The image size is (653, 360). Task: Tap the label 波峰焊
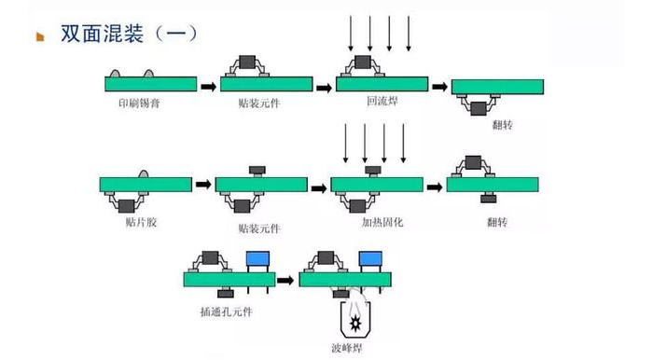pyautogui.click(x=356, y=350)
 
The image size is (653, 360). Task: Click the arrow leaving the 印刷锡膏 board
pyautogui.click(x=209, y=87)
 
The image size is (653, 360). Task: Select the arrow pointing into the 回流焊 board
pyautogui.click(x=324, y=88)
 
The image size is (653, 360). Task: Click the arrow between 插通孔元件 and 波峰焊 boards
pyautogui.click(x=287, y=279)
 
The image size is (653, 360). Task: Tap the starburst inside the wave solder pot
pyautogui.click(x=355, y=323)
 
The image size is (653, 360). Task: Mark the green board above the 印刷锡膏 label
pyautogui.click(x=150, y=84)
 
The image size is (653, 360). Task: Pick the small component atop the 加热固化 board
pyautogui.click(x=373, y=171)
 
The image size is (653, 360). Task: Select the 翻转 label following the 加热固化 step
pyautogui.click(x=496, y=223)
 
